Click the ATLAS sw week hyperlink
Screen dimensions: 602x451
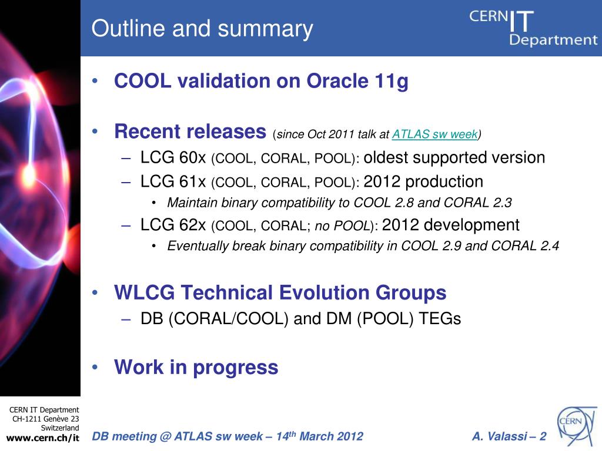434,134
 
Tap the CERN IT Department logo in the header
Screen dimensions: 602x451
533,28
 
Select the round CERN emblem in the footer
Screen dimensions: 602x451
577,426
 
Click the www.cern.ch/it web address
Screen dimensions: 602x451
42,437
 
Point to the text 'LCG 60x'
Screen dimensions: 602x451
173,157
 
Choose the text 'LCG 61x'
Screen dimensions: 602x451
173,182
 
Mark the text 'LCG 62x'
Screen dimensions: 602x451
173,225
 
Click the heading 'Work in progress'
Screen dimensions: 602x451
196,368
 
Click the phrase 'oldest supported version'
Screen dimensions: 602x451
454,157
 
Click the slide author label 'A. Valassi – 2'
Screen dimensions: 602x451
509,436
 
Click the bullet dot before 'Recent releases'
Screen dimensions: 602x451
95,132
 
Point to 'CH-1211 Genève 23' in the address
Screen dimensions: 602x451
46,419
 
